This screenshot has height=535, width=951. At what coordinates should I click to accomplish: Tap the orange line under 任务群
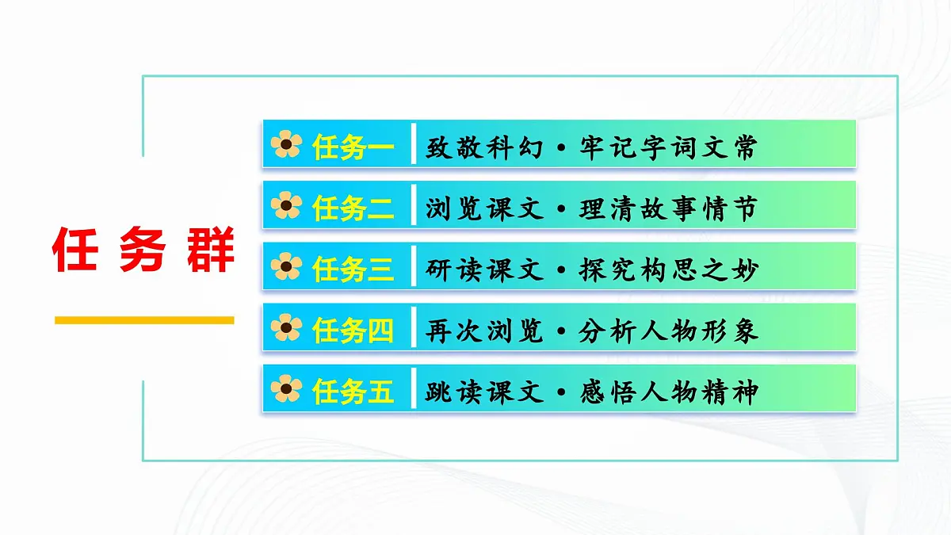[x=143, y=320]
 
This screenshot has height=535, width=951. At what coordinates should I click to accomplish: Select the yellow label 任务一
[x=353, y=147]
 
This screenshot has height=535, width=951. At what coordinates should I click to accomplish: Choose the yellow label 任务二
[x=353, y=208]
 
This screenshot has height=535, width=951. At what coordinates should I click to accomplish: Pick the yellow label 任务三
[x=353, y=269]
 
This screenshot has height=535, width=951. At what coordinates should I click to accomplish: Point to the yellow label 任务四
[x=353, y=330]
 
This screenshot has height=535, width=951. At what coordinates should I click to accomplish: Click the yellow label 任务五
[x=353, y=391]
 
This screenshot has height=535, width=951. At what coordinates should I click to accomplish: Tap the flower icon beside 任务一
[x=286, y=145]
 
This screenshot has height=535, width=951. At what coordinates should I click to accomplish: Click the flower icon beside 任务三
[x=286, y=267]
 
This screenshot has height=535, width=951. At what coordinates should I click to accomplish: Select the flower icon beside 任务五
[x=286, y=389]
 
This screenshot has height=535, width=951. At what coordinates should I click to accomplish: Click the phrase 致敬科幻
[x=484, y=147]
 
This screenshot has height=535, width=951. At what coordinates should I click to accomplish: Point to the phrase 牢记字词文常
[x=668, y=147]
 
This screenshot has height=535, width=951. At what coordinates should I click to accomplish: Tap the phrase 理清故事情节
[x=668, y=208]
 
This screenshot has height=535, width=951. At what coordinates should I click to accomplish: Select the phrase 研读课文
[x=484, y=269]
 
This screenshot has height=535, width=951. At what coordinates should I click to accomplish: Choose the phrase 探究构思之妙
[x=668, y=269]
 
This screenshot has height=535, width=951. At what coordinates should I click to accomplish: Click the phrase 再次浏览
[x=484, y=330]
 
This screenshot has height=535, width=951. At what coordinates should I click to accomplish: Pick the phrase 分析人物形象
[x=668, y=330]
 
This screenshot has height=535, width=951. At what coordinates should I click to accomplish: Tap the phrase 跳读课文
[x=484, y=391]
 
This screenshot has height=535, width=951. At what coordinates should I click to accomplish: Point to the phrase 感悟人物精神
[x=668, y=391]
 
